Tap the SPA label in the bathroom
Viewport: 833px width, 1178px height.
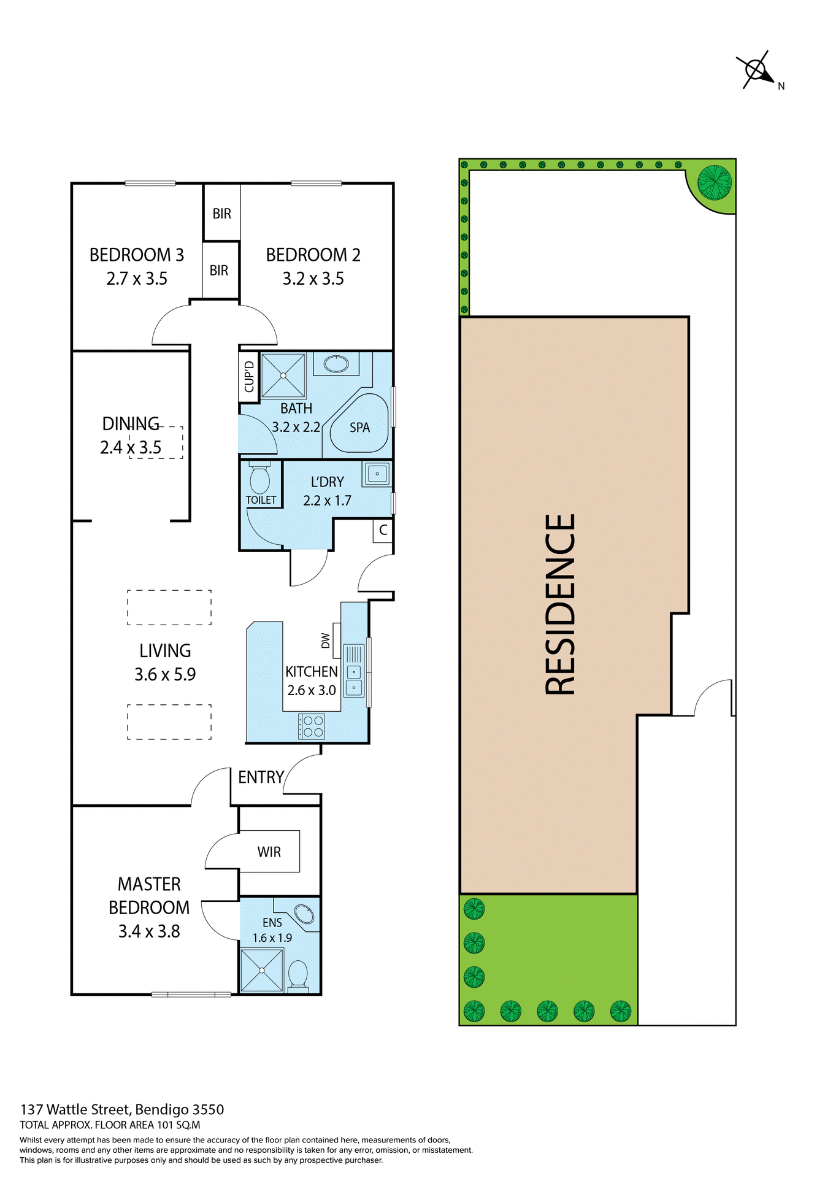point(359,428)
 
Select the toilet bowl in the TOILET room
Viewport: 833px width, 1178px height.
point(260,479)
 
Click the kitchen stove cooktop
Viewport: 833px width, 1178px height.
point(312,726)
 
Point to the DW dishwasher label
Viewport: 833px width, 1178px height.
point(326,641)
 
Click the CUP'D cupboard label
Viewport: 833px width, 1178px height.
point(249,376)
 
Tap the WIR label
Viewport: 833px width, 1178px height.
point(269,852)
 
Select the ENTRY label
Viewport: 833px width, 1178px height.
point(261,777)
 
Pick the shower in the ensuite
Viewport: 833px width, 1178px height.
point(262,970)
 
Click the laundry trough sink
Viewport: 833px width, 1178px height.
point(377,474)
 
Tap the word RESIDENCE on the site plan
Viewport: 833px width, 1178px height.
point(560,604)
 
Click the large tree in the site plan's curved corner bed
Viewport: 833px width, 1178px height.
point(715,183)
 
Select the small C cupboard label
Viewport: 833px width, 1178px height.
point(383,530)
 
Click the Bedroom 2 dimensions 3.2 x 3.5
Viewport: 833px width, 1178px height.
point(313,279)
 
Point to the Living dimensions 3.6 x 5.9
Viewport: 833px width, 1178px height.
point(165,674)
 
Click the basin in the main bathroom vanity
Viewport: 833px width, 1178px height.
point(336,364)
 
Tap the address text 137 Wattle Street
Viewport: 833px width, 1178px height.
point(76,1109)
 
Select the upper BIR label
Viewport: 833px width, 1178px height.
point(221,214)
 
